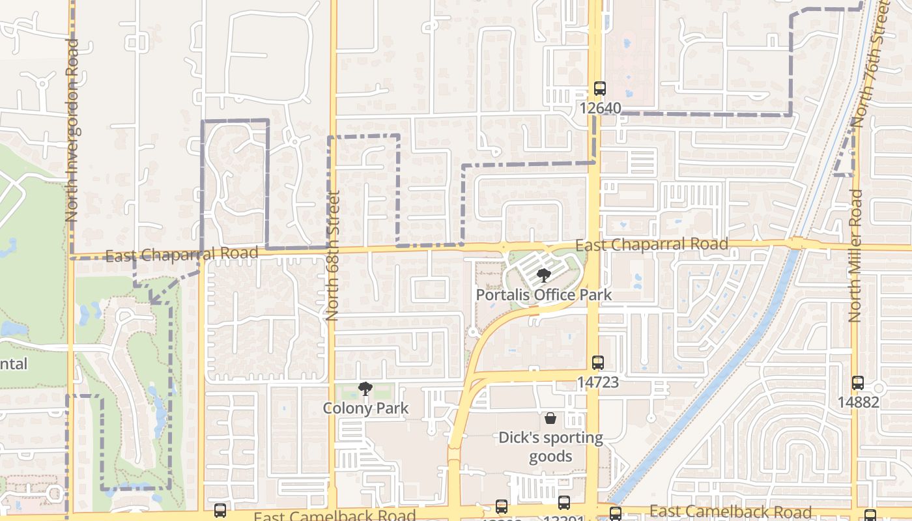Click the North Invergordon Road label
72,130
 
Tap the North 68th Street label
332,255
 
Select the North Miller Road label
856,255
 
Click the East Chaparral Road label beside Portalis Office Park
651,245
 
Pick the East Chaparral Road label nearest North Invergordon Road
182,254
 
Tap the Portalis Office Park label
543,294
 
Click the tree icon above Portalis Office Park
543,276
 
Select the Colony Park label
365,408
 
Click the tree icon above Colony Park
365,389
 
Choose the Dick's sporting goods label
550,446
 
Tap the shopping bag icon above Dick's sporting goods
550,418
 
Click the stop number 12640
600,107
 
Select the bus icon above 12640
600,89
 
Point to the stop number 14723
597,382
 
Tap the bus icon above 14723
598,363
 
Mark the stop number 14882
858,402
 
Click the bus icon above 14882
858,383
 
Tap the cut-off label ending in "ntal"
14,363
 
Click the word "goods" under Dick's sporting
550,456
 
